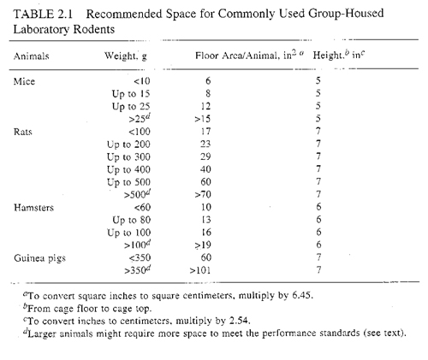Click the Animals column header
click(x=32, y=56)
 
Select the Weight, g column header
click(x=126, y=56)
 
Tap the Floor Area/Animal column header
click(x=249, y=55)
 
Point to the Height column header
click(x=339, y=55)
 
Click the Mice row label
click(x=24, y=81)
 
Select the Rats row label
click(x=23, y=132)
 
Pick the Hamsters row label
click(x=33, y=208)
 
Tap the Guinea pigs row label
click(x=39, y=258)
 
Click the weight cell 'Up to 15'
click(x=131, y=94)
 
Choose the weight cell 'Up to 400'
click(x=128, y=169)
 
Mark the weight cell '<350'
click(x=140, y=257)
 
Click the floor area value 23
click(x=205, y=144)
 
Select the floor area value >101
click(x=200, y=270)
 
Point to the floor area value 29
click(x=205, y=156)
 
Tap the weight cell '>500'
click(x=137, y=194)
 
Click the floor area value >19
click(x=203, y=245)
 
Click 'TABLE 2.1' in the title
click(x=43, y=14)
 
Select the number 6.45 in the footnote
click(x=302, y=295)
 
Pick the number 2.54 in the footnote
click(x=240, y=321)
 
